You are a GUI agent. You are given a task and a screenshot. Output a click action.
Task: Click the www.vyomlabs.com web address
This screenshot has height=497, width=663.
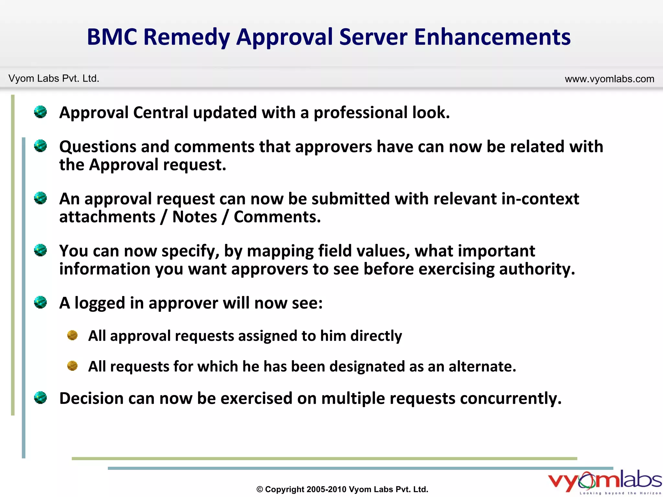(609, 79)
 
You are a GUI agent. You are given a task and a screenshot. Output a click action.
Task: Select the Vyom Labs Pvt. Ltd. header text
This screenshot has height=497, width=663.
(54, 79)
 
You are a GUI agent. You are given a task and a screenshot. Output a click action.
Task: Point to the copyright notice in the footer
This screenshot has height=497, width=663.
(342, 489)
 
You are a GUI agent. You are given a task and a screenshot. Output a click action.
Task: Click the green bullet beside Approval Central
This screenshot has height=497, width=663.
(40, 112)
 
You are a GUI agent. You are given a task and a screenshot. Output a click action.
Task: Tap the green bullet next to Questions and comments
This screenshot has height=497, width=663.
(40, 146)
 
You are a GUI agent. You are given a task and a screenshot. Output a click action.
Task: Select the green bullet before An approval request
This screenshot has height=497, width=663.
(40, 198)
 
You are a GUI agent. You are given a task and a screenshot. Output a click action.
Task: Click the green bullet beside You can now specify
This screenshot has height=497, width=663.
(40, 250)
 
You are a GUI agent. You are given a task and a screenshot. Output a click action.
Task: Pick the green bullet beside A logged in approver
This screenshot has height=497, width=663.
(40, 303)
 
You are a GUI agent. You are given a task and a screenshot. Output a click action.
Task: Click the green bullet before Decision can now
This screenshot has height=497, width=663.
(40, 398)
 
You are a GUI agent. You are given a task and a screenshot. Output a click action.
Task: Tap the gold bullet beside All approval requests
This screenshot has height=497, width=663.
(72, 335)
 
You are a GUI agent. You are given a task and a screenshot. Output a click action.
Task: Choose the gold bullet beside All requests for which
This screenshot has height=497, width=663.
(72, 366)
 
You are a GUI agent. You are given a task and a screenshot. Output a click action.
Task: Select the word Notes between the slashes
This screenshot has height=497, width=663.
(195, 217)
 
